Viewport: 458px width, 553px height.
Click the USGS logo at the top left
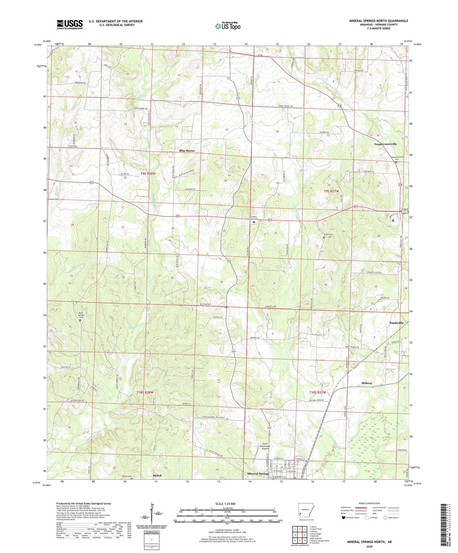coord(69,24)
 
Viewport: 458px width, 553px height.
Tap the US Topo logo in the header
coord(228,26)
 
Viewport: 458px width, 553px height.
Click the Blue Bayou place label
coord(187,151)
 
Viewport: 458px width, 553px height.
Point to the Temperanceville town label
coord(385,144)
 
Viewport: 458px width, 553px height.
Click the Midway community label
coord(367,383)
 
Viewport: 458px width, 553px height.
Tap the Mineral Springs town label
coord(258,474)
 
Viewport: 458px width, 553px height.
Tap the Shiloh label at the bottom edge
coord(157,476)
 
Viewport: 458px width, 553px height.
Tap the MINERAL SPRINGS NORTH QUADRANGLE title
coord(378,21)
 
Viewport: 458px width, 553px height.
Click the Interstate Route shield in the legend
coord(344,518)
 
